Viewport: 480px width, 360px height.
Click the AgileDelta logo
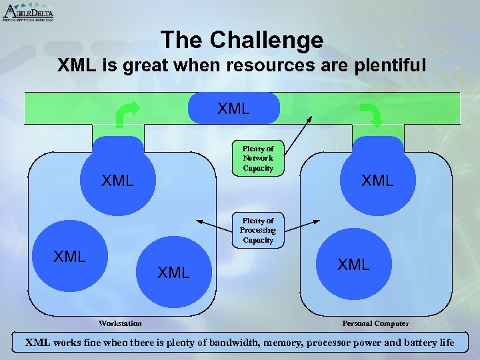[28, 12]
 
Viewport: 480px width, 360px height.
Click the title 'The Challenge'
[241, 41]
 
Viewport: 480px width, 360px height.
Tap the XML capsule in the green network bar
[233, 108]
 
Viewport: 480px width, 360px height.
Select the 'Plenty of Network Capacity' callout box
[258, 159]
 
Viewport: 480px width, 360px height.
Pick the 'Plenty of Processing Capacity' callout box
[258, 230]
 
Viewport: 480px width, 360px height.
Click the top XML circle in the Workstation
[118, 179]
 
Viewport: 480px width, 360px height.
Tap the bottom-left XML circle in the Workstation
[69, 257]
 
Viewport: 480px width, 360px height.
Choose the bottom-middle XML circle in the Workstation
[173, 271]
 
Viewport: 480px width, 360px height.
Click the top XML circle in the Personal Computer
[377, 179]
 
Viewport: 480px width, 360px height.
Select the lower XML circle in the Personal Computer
[353, 264]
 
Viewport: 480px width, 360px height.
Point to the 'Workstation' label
[120, 323]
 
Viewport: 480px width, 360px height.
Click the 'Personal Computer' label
[376, 323]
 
